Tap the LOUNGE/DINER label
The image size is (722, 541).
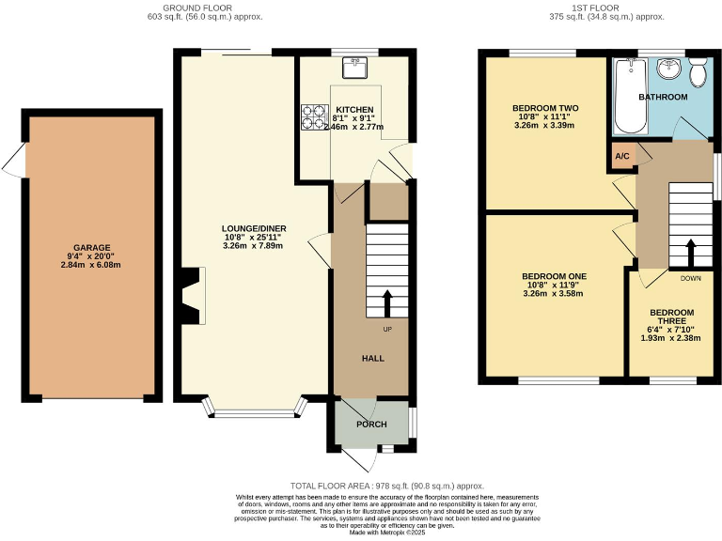tap(254, 228)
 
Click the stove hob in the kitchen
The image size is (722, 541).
tap(313, 116)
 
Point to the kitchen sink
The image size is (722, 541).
tap(355, 68)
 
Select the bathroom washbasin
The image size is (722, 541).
tap(669, 69)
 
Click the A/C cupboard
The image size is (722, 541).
tap(621, 156)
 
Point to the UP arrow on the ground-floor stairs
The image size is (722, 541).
tap(386, 303)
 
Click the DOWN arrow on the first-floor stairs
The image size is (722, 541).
tap(690, 254)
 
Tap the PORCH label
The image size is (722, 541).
tap(370, 425)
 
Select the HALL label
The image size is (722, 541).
tap(373, 358)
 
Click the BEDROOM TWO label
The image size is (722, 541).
tap(545, 109)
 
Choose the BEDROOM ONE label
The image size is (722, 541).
tap(554, 277)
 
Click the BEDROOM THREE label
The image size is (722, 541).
tap(671, 318)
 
